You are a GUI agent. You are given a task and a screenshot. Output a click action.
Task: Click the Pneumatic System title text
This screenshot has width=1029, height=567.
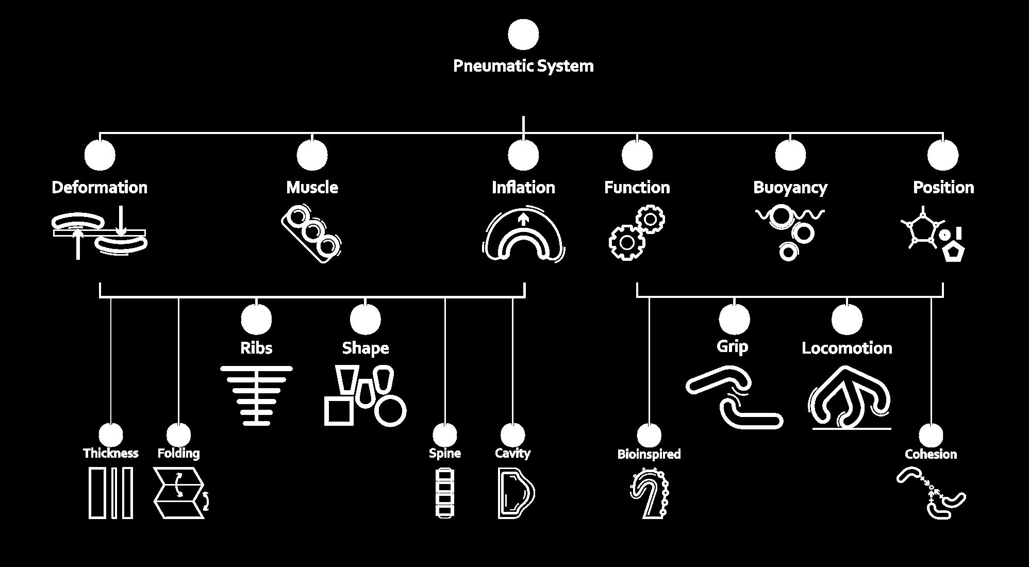pyautogui.click(x=523, y=66)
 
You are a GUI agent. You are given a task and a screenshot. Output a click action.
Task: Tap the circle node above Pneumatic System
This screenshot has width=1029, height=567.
pyautogui.click(x=523, y=35)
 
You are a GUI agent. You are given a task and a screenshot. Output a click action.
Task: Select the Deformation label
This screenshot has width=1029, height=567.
pyautogui.click(x=99, y=187)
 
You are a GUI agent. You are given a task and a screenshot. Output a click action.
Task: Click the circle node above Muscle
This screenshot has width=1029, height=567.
pyautogui.click(x=312, y=155)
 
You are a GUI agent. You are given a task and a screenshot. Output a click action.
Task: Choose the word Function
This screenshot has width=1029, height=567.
pyautogui.click(x=637, y=187)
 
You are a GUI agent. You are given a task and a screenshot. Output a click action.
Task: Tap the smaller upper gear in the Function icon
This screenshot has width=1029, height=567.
pyautogui.click(x=650, y=220)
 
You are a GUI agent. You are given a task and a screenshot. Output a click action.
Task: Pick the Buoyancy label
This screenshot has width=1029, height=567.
pyautogui.click(x=790, y=187)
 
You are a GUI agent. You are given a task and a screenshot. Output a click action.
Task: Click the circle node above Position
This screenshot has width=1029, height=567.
pyautogui.click(x=943, y=155)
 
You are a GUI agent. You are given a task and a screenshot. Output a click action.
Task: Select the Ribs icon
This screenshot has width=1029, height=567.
pyautogui.click(x=256, y=395)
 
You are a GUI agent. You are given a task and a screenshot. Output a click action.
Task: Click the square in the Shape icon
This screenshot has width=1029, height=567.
pyautogui.click(x=339, y=411)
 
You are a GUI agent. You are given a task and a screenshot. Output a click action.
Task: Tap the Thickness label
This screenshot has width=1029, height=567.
pyautogui.click(x=111, y=453)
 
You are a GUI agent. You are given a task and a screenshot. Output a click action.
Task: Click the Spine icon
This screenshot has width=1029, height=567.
pyautogui.click(x=444, y=493)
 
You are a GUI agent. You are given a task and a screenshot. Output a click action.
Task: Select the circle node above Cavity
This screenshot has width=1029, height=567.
pyautogui.click(x=512, y=435)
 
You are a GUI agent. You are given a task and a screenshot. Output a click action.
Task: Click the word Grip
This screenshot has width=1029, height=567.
pyautogui.click(x=732, y=346)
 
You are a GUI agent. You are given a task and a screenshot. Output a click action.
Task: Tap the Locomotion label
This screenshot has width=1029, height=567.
pyautogui.click(x=847, y=348)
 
